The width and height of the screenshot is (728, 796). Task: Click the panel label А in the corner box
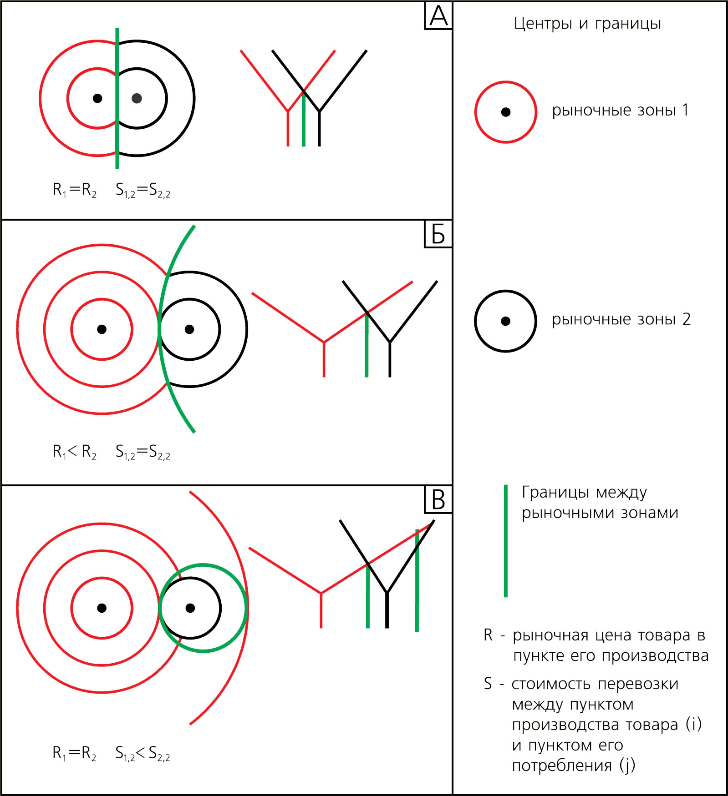pos(438,16)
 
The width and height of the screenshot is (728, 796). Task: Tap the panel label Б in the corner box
pos(438,234)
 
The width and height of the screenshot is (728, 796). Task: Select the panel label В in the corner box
pos(438,499)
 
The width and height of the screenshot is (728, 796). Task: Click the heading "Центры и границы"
pos(587,23)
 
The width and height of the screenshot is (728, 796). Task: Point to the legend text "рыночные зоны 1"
pos(620,111)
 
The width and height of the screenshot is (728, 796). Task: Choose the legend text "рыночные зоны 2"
pos(621,320)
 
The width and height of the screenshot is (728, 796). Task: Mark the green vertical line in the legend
pos(506,541)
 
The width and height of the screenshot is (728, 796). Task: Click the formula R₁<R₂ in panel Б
pos(75,452)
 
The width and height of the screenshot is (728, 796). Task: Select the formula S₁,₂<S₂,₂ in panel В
pos(143,753)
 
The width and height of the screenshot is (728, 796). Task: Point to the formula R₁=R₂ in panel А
pos(75,190)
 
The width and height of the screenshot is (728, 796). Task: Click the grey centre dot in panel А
pos(137,98)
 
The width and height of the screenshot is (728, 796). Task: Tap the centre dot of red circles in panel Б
pos(102,329)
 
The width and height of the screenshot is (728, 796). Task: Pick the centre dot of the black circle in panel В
pos(190,608)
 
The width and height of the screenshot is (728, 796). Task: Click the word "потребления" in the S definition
pos(561,766)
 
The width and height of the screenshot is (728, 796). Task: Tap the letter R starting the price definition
pos(488,635)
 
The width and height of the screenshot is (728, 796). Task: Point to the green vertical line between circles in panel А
pos(117,98)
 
